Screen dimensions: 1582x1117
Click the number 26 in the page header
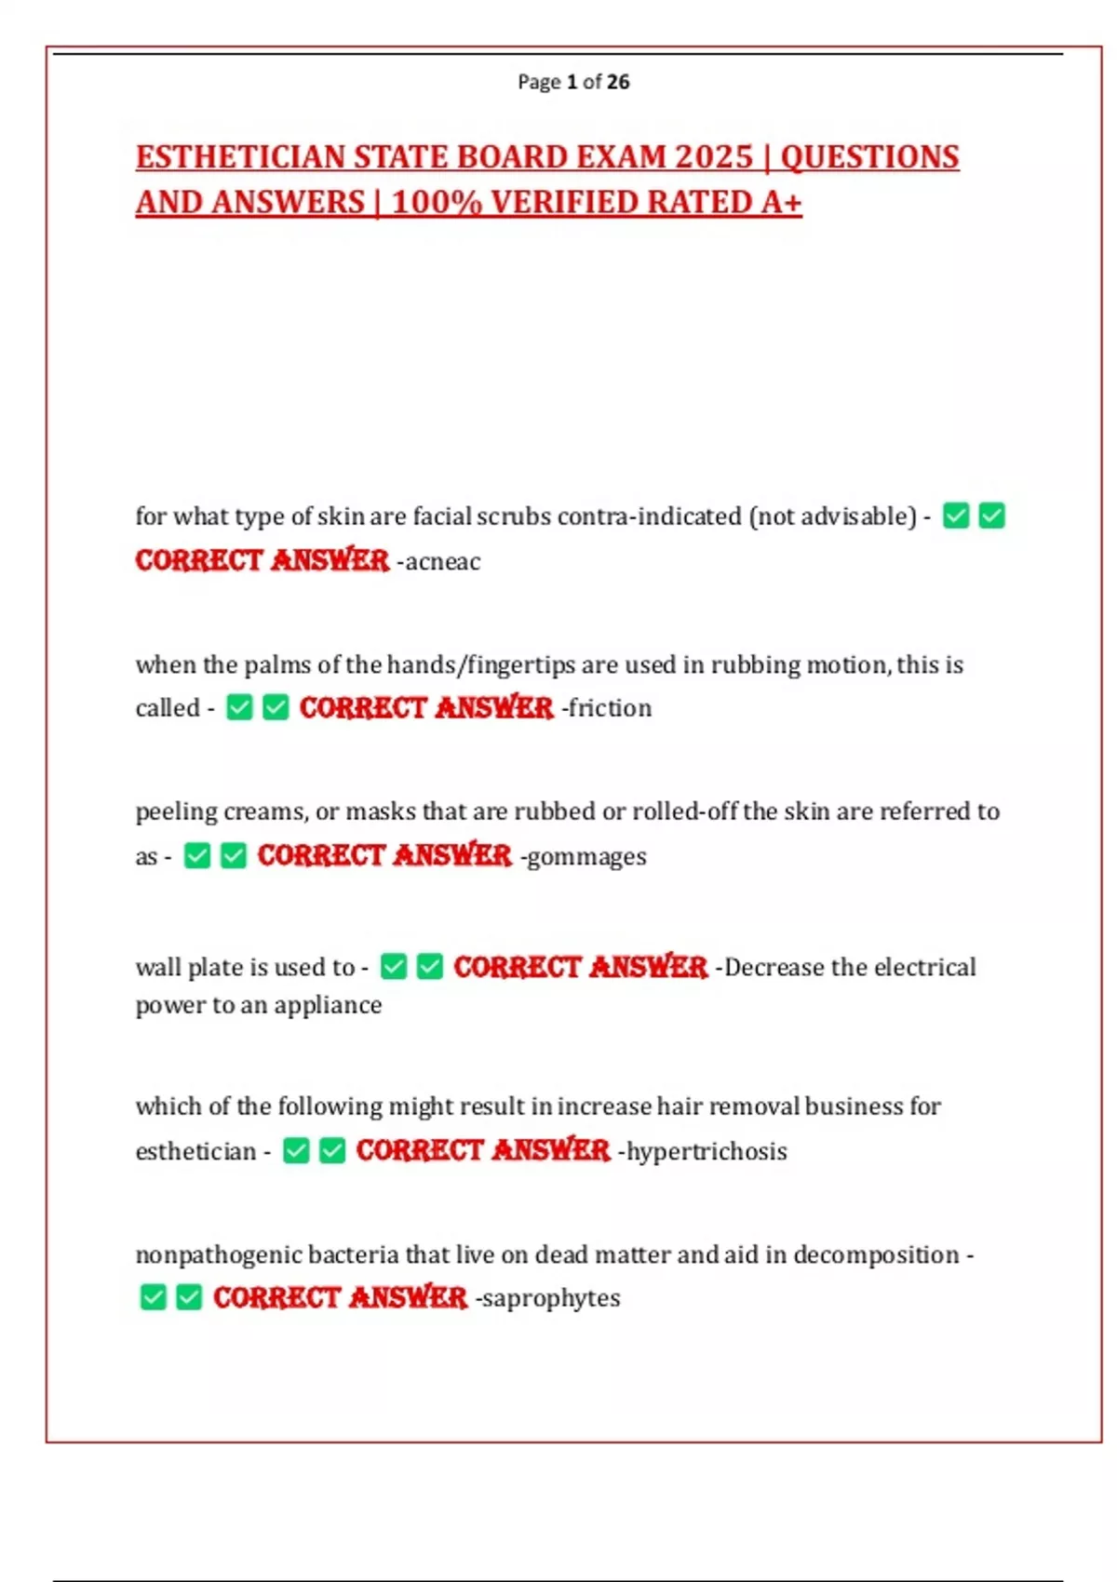[x=618, y=82]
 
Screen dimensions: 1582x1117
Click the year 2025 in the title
[x=713, y=157]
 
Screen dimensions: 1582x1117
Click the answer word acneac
[x=442, y=562]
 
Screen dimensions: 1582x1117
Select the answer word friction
[x=610, y=708]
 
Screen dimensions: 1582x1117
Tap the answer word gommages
[x=586, y=856]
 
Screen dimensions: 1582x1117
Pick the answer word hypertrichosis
[x=707, y=1152]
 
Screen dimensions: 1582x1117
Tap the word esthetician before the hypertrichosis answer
[x=195, y=1152]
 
